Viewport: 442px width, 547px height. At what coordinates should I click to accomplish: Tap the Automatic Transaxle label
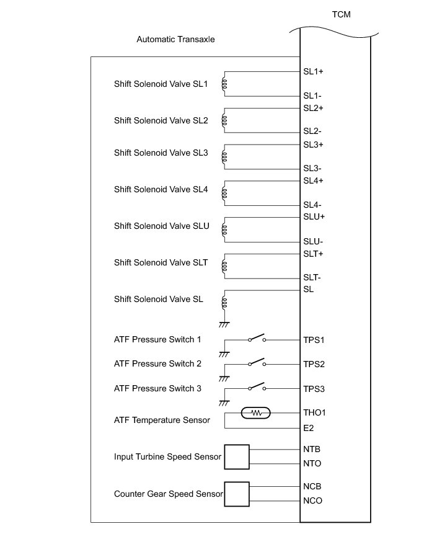[176, 40]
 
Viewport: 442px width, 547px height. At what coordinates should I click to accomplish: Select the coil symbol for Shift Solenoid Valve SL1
[225, 84]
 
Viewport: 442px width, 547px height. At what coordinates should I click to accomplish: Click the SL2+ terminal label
[314, 108]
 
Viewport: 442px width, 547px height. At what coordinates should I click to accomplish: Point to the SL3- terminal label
[312, 168]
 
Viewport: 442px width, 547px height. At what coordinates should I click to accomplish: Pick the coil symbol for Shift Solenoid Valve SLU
[225, 229]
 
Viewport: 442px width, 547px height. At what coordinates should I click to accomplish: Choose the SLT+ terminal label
[314, 254]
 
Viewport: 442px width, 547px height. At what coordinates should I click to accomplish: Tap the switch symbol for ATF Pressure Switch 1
[257, 339]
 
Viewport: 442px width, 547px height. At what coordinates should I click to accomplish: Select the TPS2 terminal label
[314, 364]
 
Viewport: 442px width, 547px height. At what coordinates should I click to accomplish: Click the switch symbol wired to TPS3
[257, 388]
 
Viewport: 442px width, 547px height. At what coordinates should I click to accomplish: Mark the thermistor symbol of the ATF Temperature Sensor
[255, 412]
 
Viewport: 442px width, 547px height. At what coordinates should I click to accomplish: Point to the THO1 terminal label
[315, 412]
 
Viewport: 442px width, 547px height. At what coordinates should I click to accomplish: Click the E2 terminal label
[309, 428]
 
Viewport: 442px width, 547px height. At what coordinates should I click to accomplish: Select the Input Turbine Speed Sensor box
[236, 456]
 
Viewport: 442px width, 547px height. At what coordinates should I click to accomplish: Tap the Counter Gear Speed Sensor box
[236, 494]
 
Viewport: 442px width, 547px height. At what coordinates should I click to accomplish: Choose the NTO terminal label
[312, 463]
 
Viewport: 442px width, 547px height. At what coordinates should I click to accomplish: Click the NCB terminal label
[312, 486]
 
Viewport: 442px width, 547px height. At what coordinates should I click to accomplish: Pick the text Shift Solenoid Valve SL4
[161, 189]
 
